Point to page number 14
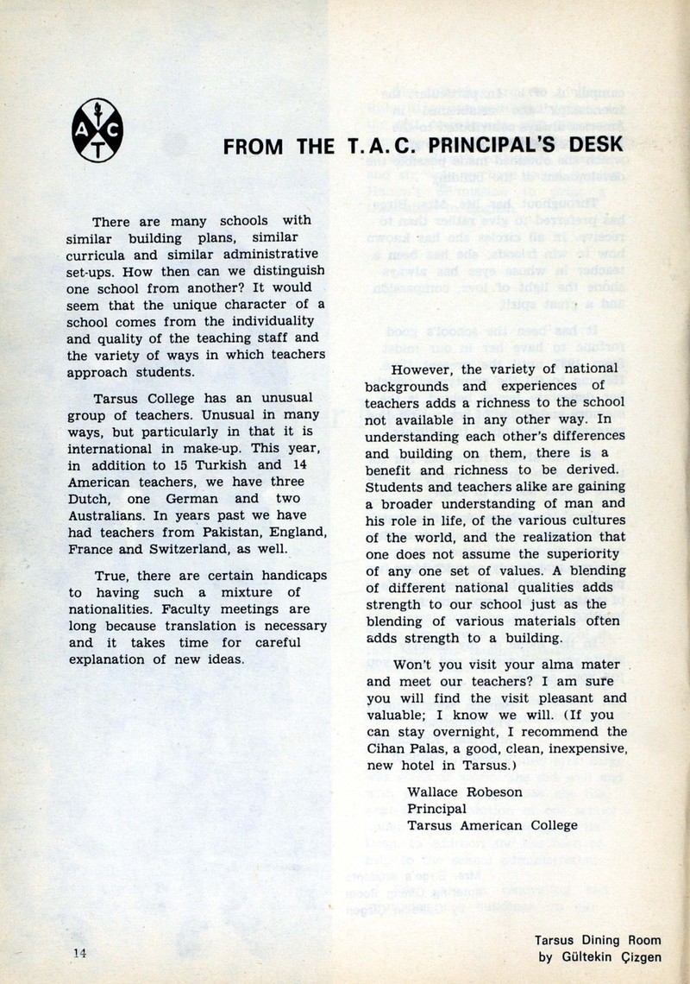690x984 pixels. (x=82, y=951)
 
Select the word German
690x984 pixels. (x=179, y=498)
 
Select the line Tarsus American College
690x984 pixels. (x=492, y=824)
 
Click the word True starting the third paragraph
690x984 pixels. (x=114, y=575)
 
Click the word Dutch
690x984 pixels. (x=87, y=498)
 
